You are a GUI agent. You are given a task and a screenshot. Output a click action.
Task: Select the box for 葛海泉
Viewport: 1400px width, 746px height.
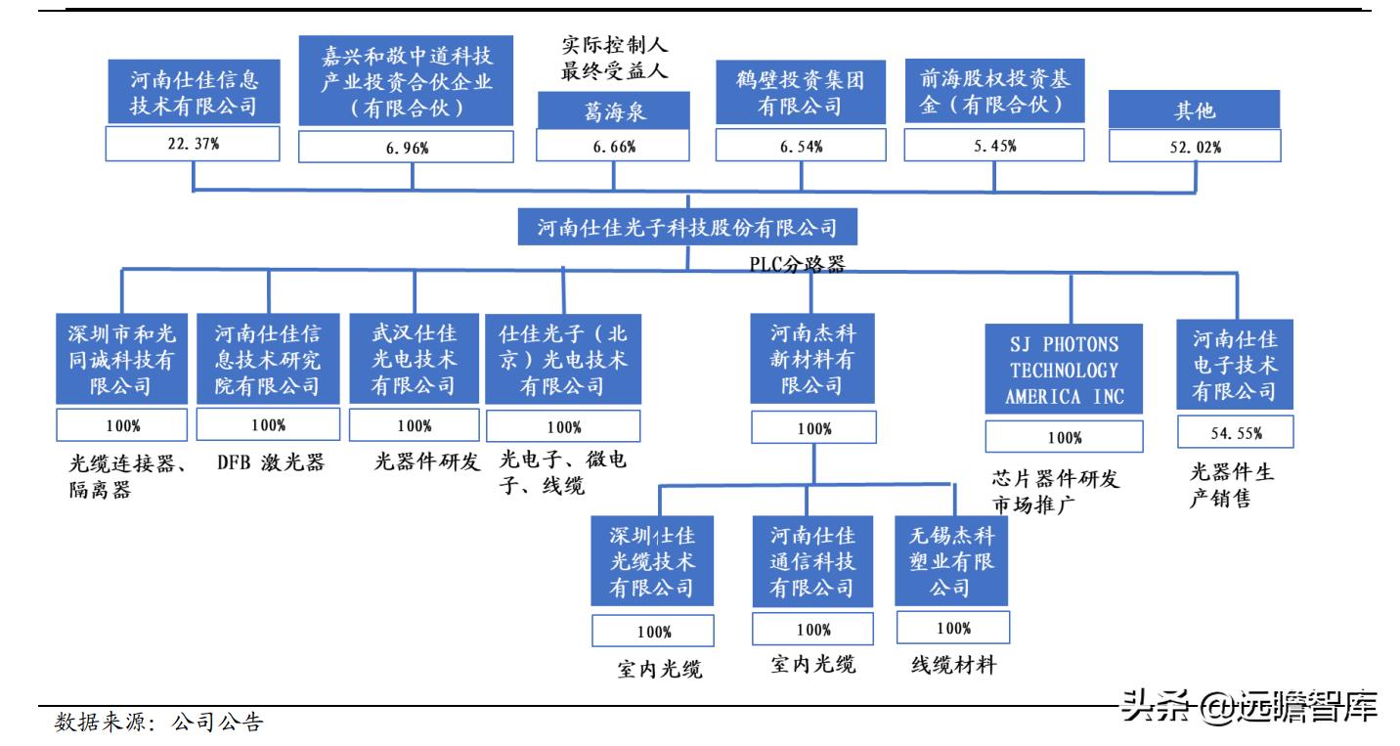click(x=614, y=112)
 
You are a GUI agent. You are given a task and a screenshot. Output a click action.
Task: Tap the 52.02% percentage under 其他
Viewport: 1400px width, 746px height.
click(x=1194, y=147)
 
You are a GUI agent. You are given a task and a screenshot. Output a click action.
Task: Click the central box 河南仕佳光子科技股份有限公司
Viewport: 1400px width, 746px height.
click(x=687, y=229)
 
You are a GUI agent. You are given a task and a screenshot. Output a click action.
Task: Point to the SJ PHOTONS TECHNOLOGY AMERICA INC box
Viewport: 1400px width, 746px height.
click(x=1064, y=371)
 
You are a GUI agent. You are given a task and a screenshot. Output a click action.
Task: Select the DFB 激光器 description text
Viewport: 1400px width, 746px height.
click(x=270, y=462)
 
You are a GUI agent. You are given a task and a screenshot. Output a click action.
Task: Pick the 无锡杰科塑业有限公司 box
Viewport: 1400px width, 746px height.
click(x=952, y=561)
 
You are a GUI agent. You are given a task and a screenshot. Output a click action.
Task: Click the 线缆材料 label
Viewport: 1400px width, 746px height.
click(x=953, y=667)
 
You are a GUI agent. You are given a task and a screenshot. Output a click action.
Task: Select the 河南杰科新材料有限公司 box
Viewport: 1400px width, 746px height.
click(x=810, y=357)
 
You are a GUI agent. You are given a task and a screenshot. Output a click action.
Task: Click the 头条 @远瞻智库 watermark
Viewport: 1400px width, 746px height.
click(x=1248, y=706)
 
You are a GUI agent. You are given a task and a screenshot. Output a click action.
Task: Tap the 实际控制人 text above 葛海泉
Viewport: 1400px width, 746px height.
click(x=614, y=45)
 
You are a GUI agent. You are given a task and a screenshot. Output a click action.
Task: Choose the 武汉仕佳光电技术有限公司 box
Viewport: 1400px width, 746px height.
click(x=414, y=358)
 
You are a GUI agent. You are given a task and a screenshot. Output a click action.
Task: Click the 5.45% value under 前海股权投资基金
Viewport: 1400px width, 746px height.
click(x=993, y=146)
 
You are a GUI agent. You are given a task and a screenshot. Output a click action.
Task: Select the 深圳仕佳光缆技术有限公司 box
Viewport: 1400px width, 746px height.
click(x=652, y=561)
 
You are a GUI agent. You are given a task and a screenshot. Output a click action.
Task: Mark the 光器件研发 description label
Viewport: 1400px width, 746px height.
click(x=426, y=462)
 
